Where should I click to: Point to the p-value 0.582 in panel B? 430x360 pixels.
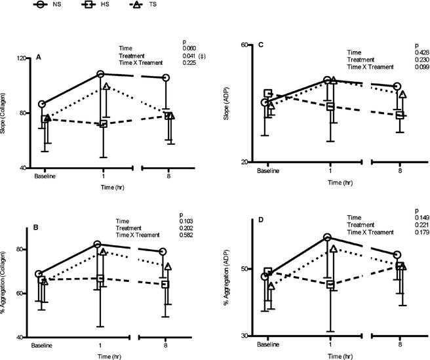tap(189, 235)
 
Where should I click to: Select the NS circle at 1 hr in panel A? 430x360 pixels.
tap(100, 74)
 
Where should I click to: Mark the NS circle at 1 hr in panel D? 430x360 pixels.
tap(327, 237)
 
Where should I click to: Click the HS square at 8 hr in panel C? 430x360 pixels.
tap(399, 115)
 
